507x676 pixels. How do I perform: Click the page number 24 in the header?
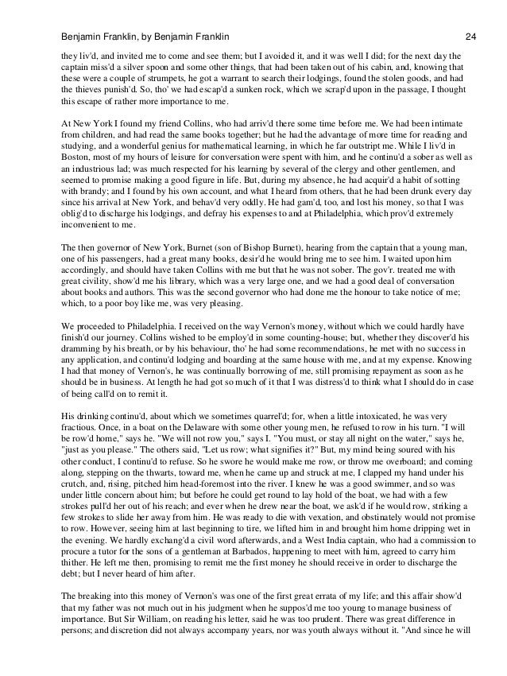click(x=470, y=15)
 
